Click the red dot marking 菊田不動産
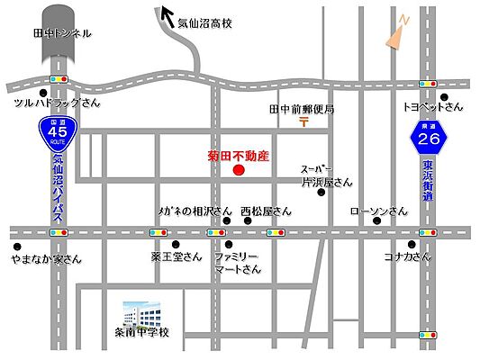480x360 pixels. (239, 170)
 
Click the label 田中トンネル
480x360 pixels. (62, 33)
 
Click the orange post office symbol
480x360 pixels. (304, 122)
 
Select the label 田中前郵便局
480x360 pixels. (302, 109)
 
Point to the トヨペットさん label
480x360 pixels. (432, 106)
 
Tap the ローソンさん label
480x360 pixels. (378, 212)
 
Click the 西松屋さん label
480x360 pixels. (267, 212)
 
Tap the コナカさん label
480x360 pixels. (406, 256)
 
